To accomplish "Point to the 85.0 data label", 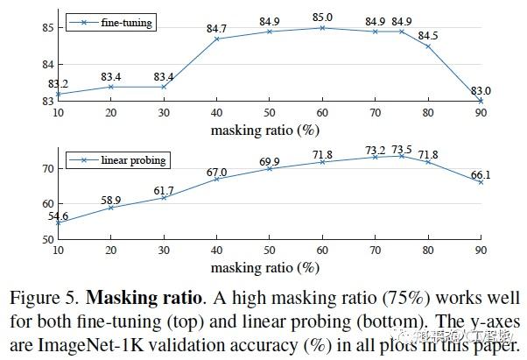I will [x=323, y=17].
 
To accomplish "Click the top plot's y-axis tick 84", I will [x=46, y=65].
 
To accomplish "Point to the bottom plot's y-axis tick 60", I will [x=46, y=203].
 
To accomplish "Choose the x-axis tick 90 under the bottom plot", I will [x=481, y=251].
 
